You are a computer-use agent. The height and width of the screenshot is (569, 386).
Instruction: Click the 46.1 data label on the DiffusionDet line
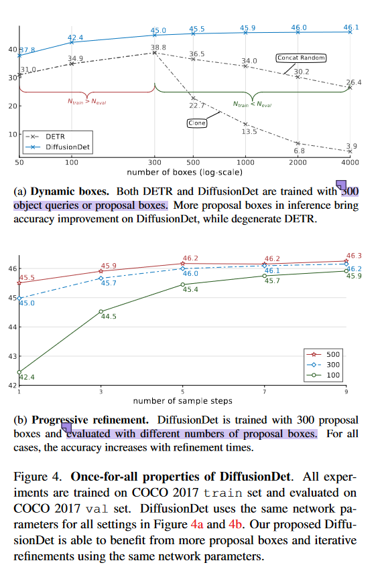coord(351,27)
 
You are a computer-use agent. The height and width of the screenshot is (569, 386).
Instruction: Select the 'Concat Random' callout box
coord(301,58)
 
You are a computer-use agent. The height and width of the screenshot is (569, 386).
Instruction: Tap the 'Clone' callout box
coord(196,123)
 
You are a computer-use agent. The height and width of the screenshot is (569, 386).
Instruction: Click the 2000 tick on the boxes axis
coord(298,163)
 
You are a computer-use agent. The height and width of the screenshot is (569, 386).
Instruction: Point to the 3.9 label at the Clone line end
coord(352,146)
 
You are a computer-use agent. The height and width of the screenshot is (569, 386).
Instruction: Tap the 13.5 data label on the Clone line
coord(249,132)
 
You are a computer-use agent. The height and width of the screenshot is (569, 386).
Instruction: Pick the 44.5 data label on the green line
coord(109,317)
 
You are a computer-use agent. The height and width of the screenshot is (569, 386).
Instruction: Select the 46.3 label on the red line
coord(354,256)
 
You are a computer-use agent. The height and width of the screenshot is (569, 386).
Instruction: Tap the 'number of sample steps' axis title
coord(182,400)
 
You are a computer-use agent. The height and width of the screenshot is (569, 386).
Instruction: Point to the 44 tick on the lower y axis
coord(13,327)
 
